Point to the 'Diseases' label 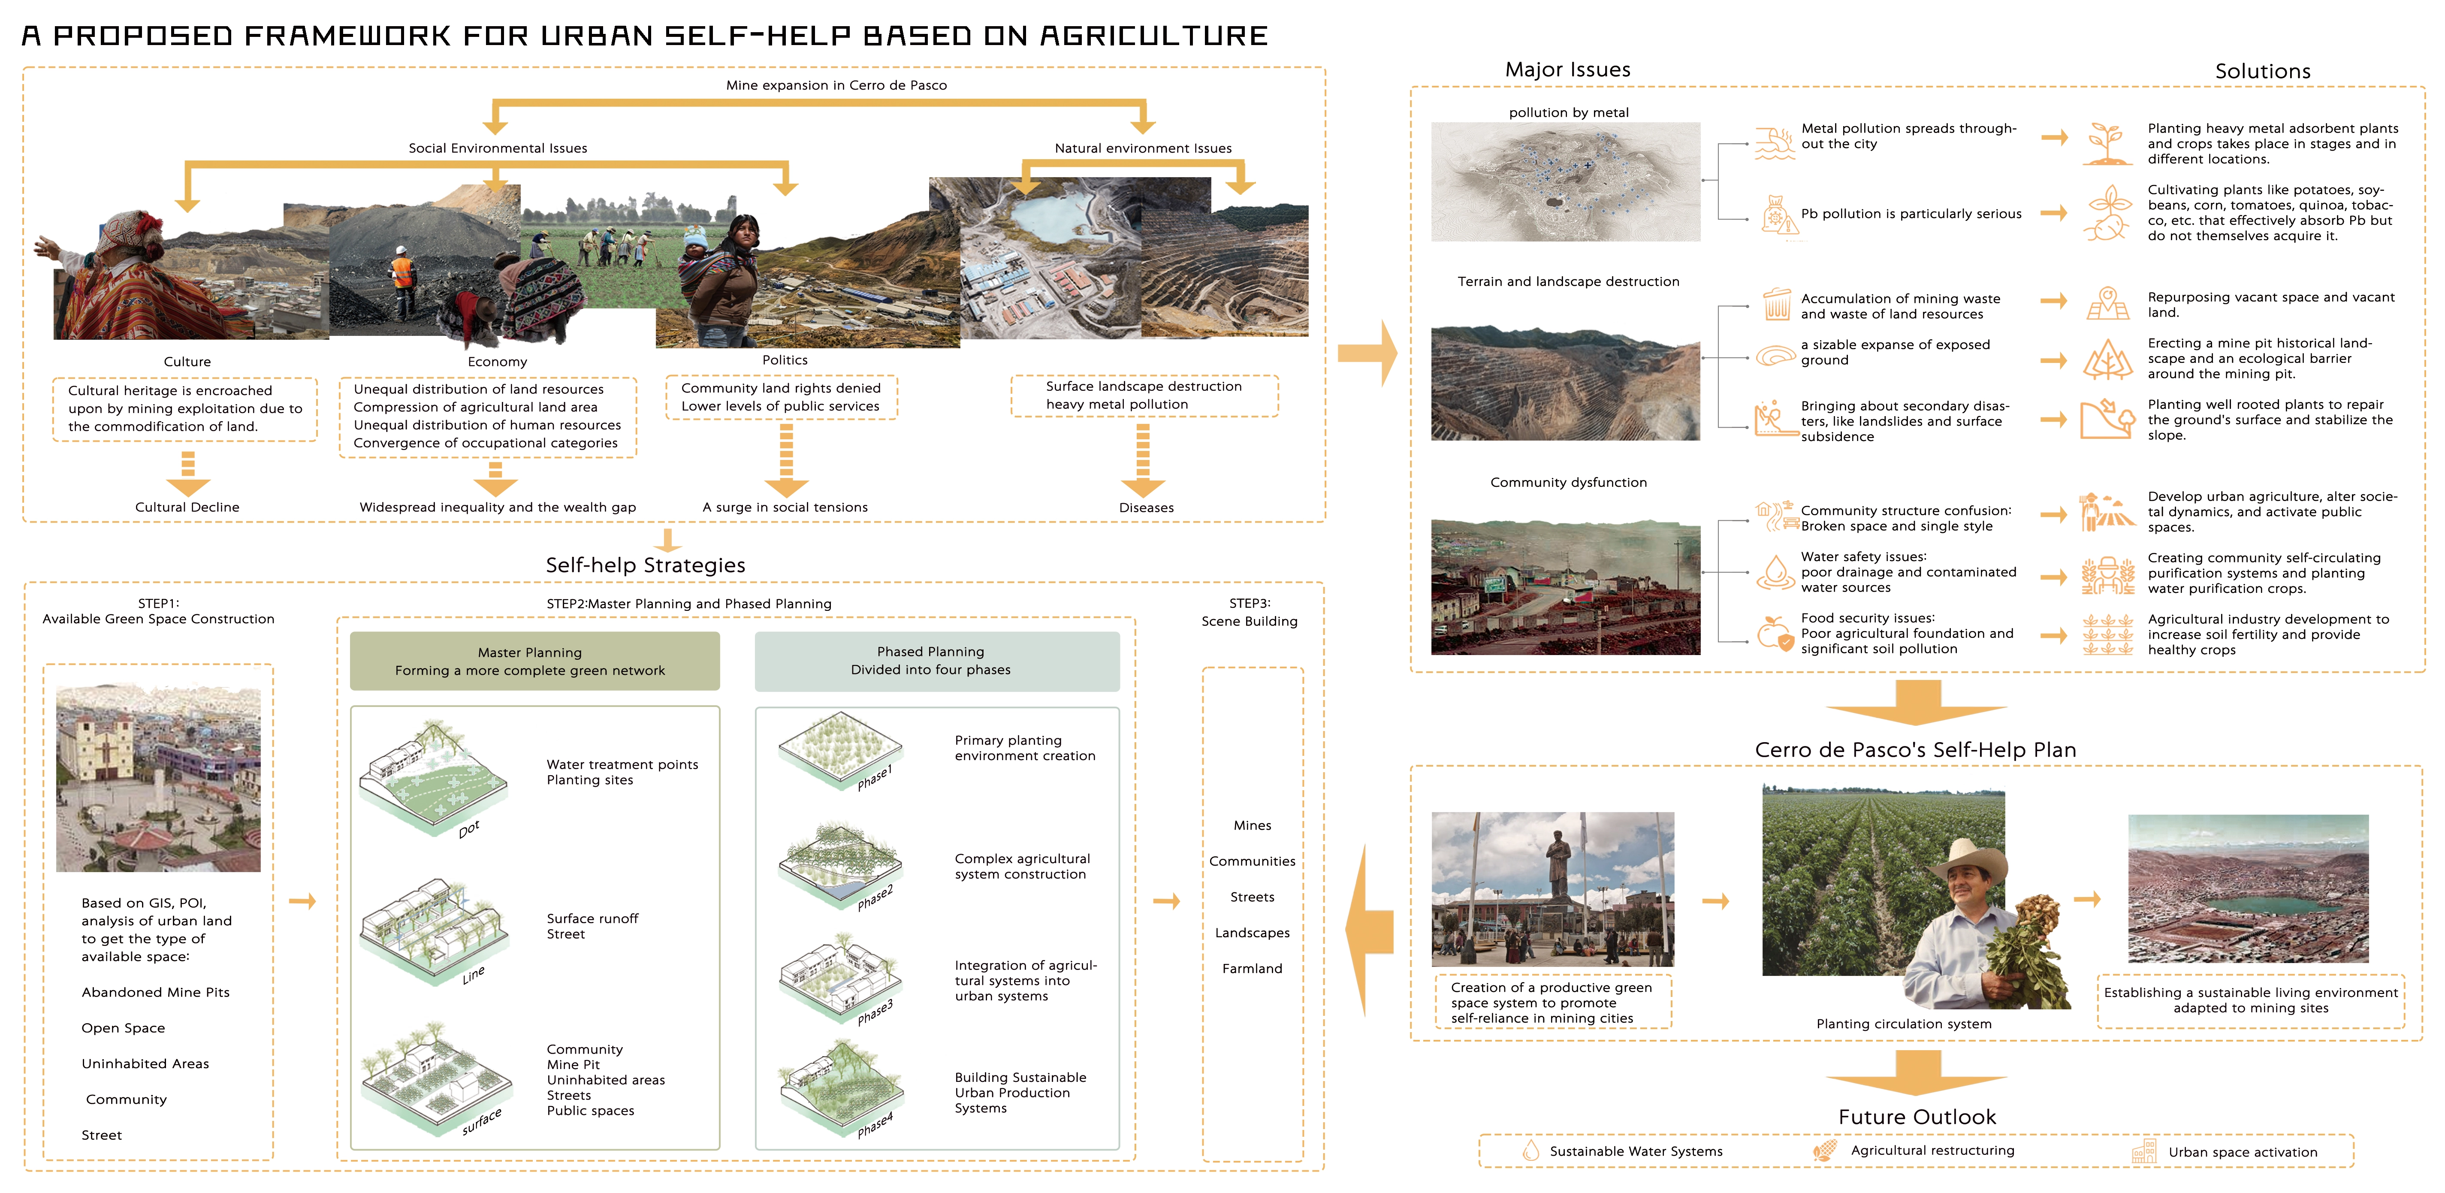click(x=1146, y=508)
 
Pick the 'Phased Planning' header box click(x=936, y=661)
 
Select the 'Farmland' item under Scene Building click(x=1252, y=968)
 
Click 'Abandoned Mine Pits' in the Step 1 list click(x=156, y=992)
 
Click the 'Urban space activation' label click(x=2242, y=1152)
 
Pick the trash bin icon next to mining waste click(x=1776, y=305)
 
